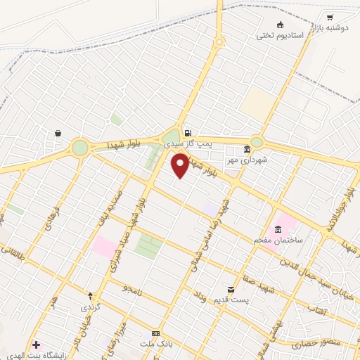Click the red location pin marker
point(180,165)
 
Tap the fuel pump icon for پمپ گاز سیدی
point(187,133)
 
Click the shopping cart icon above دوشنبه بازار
point(330,15)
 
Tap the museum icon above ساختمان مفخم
point(278,230)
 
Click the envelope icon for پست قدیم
point(231,289)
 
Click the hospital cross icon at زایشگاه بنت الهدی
point(37,345)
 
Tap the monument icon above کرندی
point(90,295)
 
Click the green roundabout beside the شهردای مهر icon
point(257,141)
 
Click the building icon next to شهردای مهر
point(246,149)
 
